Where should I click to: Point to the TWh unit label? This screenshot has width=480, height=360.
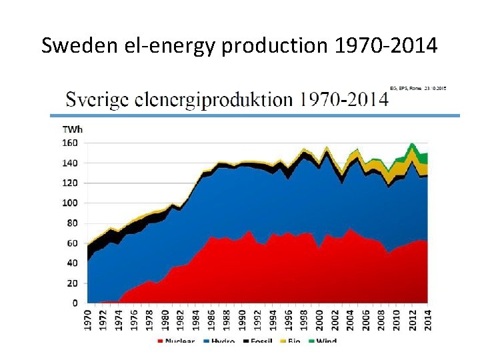point(72,129)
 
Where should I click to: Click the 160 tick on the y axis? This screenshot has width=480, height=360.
point(70,143)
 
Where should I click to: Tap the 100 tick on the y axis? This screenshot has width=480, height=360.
point(70,203)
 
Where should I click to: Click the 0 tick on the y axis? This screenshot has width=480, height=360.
point(75,303)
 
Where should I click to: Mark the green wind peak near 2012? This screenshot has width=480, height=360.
point(413,147)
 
